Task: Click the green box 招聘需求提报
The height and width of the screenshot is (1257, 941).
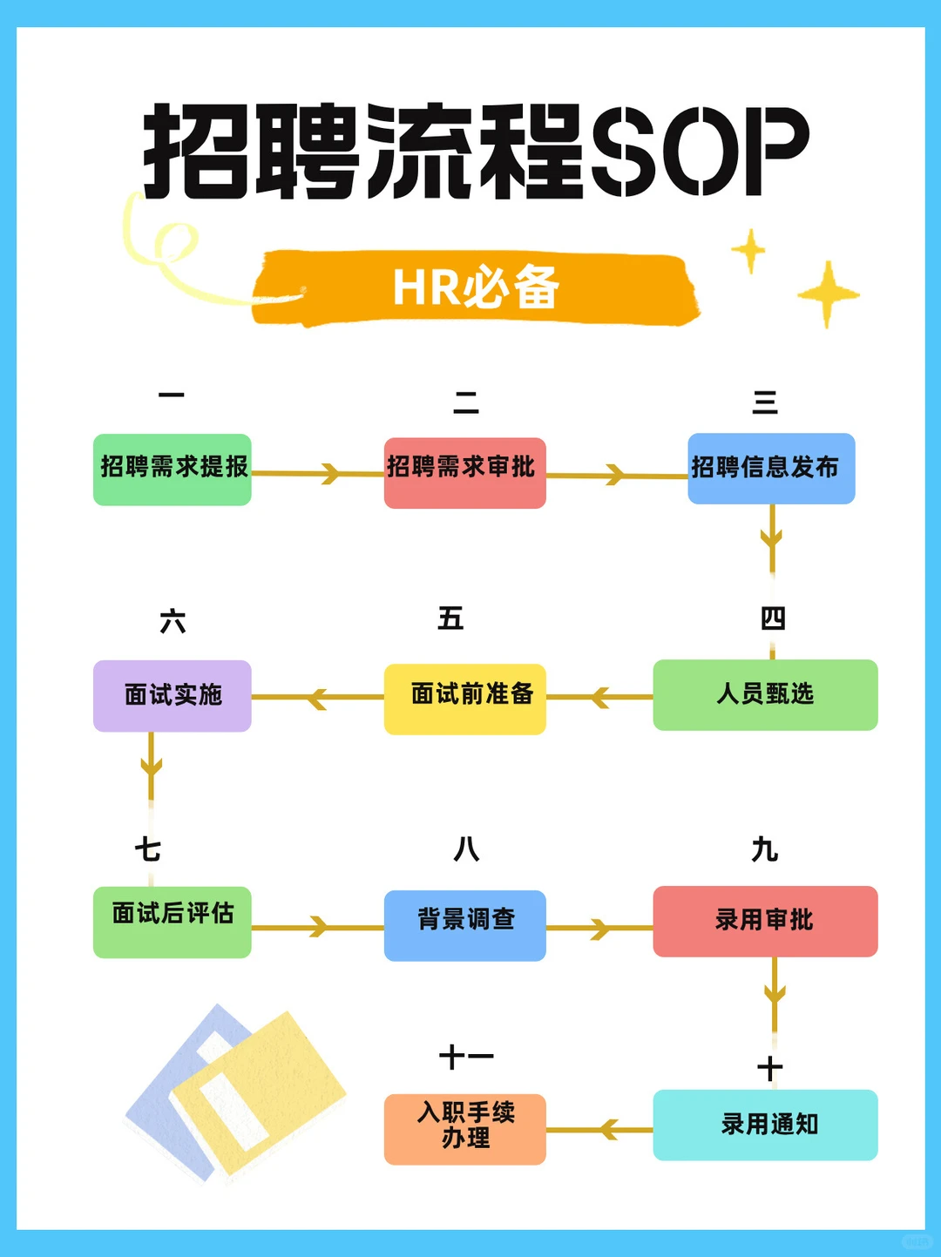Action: (x=173, y=469)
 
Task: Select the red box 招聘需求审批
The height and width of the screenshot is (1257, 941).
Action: (x=464, y=472)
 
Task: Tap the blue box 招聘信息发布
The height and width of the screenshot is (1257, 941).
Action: (x=771, y=468)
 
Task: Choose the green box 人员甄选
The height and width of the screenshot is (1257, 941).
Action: (x=765, y=694)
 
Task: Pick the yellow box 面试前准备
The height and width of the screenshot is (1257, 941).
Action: (x=464, y=699)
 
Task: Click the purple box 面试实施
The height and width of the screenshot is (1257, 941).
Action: (x=173, y=695)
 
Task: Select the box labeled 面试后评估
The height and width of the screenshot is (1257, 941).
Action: (x=173, y=922)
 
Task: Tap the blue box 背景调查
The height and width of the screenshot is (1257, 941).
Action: (x=464, y=925)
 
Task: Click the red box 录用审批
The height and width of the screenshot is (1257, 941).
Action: (x=765, y=921)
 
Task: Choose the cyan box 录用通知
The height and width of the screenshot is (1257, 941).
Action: (x=765, y=1125)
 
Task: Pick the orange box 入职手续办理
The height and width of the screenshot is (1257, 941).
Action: (x=464, y=1129)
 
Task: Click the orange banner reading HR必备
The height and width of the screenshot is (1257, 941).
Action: (x=476, y=287)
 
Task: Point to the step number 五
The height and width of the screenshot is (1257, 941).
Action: (x=450, y=618)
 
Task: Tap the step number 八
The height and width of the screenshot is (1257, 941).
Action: (x=466, y=848)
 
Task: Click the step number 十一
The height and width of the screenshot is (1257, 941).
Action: (x=466, y=1057)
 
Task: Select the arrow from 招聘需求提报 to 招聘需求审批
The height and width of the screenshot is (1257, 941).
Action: (x=318, y=474)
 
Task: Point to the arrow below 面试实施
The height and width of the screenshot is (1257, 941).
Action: (x=152, y=767)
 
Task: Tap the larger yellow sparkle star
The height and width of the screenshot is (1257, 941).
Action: (x=828, y=294)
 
